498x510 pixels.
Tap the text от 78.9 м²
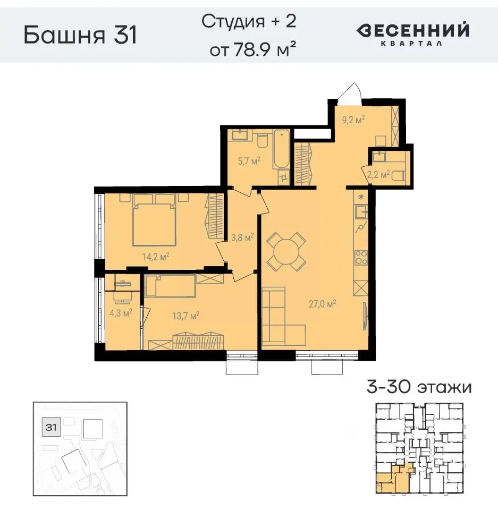[x=252, y=51]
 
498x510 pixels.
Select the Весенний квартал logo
[x=412, y=34]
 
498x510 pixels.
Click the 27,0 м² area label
[x=324, y=304]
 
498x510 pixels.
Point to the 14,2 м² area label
[x=155, y=257]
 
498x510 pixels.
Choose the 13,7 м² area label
[x=185, y=316]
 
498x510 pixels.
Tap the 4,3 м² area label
[x=120, y=313]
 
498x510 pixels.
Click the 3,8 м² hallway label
[x=241, y=237]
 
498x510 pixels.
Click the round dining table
[x=286, y=250]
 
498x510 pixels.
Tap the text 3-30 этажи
[x=419, y=387]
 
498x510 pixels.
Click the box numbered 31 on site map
[x=52, y=426]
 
